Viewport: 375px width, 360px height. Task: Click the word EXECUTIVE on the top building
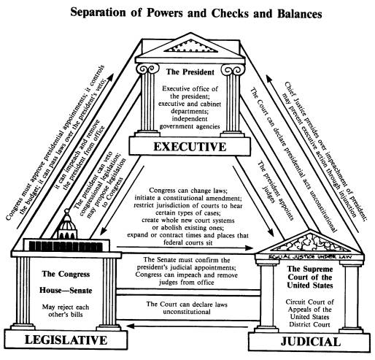click(190, 147)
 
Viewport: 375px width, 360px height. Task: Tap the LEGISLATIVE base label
click(66, 340)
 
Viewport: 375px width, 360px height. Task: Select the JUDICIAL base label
click(311, 342)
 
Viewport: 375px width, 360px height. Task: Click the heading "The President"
click(190, 72)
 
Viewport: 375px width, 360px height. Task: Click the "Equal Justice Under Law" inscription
click(310, 256)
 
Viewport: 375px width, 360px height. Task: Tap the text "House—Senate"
click(66, 290)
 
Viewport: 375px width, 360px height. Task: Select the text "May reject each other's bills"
click(66, 310)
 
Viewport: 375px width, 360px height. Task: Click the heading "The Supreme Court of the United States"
click(310, 277)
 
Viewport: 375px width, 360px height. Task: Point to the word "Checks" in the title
click(229, 14)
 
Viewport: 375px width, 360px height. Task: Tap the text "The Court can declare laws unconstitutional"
click(187, 308)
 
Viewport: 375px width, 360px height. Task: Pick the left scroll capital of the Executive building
click(147, 69)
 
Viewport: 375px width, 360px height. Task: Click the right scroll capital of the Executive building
click(233, 69)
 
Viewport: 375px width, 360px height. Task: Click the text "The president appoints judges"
click(272, 191)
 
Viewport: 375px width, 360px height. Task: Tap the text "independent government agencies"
click(190, 123)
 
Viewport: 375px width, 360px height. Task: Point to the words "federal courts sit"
click(188, 242)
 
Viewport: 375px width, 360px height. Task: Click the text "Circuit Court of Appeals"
click(309, 306)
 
